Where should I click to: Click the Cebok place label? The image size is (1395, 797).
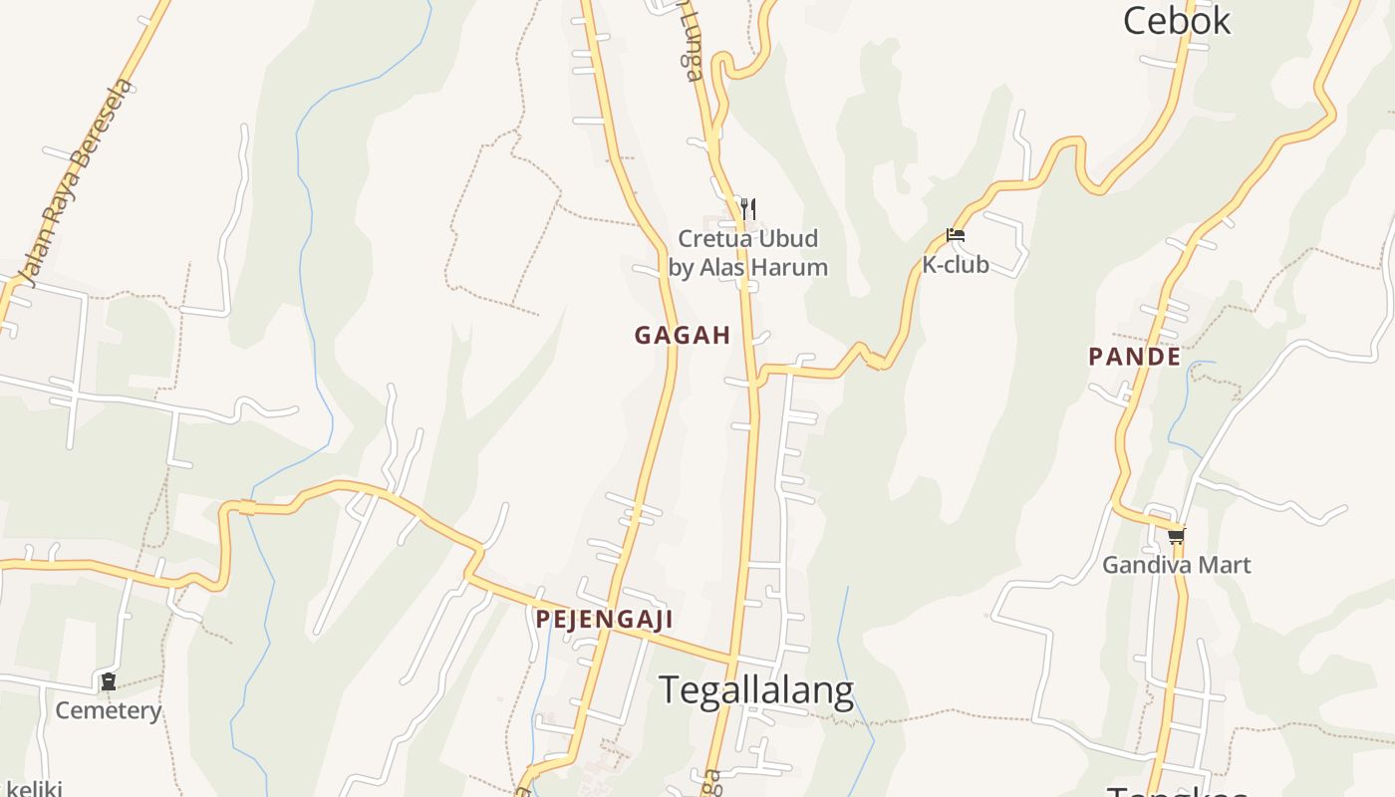(x=1177, y=20)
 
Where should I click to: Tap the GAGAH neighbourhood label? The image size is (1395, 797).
(x=683, y=336)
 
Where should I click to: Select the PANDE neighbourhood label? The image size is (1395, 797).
(x=1134, y=357)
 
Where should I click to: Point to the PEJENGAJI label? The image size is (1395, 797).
(x=604, y=620)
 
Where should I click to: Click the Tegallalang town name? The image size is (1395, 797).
(x=756, y=689)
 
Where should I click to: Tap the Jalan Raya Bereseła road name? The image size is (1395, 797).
(x=75, y=184)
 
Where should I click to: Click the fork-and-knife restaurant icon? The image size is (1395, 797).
(x=748, y=208)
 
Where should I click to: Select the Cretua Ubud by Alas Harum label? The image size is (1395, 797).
(x=747, y=253)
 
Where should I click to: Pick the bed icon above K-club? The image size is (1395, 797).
(x=956, y=236)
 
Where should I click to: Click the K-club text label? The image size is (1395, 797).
(x=955, y=265)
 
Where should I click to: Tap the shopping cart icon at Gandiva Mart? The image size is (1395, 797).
(x=1177, y=537)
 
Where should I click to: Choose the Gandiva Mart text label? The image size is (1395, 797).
(x=1176, y=565)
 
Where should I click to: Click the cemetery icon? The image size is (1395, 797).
(x=108, y=682)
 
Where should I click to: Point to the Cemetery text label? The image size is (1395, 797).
(x=108, y=710)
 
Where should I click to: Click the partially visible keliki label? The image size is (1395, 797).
(x=32, y=789)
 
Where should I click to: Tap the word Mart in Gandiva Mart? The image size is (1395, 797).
(x=1227, y=565)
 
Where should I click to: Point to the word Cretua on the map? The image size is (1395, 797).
(x=711, y=239)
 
